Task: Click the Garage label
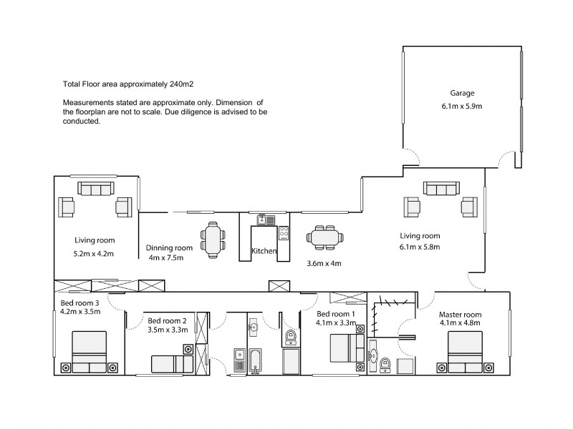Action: (462, 93)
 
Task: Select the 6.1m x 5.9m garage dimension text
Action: (462, 106)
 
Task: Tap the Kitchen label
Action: (264, 251)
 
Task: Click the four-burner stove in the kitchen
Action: (284, 232)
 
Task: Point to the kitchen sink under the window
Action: (262, 220)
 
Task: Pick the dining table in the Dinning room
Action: (213, 240)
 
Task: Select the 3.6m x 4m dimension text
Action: (324, 263)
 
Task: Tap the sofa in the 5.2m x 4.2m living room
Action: (95, 189)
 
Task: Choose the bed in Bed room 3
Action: (89, 352)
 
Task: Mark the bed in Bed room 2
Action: (170, 363)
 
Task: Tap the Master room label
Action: (460, 314)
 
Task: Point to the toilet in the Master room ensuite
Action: (385, 365)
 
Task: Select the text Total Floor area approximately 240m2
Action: (129, 84)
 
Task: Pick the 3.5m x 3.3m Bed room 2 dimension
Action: (168, 330)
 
